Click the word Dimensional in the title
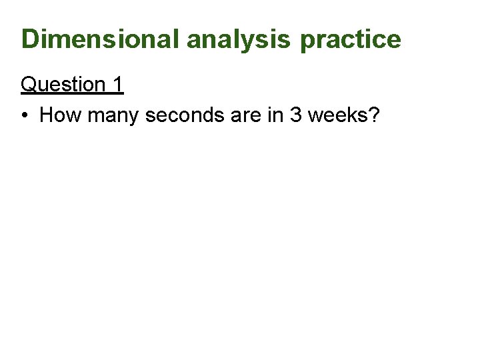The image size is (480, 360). [101, 39]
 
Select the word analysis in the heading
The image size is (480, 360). [238, 39]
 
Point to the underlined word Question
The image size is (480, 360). [63, 85]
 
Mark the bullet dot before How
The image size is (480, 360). [25, 116]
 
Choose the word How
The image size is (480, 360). [61, 115]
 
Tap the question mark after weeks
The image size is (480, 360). [374, 115]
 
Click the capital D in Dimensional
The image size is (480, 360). [30, 39]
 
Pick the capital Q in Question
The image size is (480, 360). [29, 85]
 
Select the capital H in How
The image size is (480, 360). [47, 115]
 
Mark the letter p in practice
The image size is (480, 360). [307, 42]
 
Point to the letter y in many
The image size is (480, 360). [133, 118]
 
